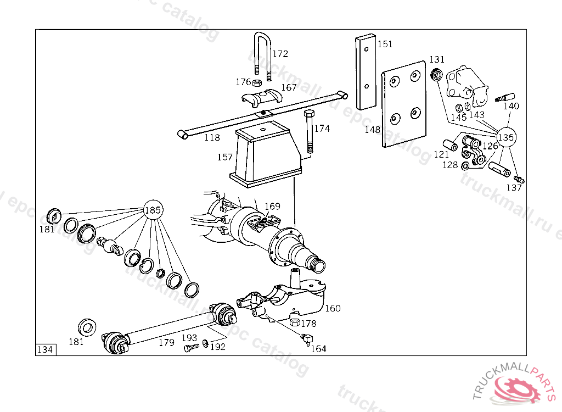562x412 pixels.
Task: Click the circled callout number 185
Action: point(153,209)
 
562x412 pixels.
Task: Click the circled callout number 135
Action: point(506,137)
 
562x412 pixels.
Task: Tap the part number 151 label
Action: point(385,44)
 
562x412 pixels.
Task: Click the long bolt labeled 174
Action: point(308,131)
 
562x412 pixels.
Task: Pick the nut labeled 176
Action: point(256,83)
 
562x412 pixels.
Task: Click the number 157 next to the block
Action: point(225,157)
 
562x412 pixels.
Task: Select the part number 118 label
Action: point(212,137)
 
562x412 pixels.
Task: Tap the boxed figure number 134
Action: point(46,349)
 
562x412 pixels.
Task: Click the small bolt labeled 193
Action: point(190,348)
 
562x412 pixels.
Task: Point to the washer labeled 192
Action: point(205,343)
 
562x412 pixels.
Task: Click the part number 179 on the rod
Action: point(166,342)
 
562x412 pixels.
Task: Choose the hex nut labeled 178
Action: point(294,323)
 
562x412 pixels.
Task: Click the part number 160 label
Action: point(333,308)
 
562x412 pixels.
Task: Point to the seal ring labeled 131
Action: point(437,74)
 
